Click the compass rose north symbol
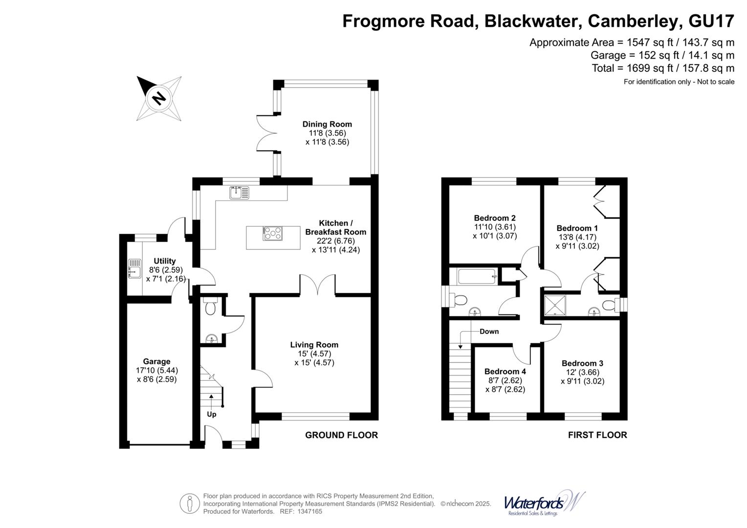click(x=159, y=98)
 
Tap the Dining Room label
click(x=327, y=124)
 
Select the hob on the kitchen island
click(x=273, y=234)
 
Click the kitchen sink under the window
click(x=239, y=193)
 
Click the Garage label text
click(x=156, y=362)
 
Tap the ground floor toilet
click(x=210, y=307)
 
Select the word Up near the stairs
click(x=211, y=414)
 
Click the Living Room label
click(x=314, y=345)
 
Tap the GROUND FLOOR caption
click(x=341, y=435)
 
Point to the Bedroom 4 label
click(x=505, y=372)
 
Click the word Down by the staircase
click(x=489, y=331)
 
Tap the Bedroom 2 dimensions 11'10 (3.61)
click(x=495, y=227)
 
